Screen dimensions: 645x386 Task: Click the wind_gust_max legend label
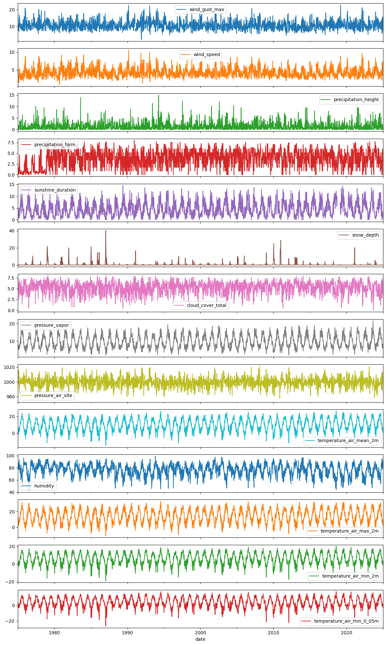pos(206,9)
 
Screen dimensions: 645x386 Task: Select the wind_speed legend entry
pos(206,54)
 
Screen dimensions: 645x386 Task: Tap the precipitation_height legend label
pos(356,100)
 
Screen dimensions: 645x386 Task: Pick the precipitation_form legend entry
pos(55,145)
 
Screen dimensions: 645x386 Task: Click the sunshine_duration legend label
pos(55,190)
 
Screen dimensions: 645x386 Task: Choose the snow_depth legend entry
pos(365,235)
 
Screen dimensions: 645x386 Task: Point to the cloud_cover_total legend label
pos(206,305)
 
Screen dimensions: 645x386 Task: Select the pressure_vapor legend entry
pos(51,325)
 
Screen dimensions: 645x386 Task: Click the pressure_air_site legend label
pos(53,395)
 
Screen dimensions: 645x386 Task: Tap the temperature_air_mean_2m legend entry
pos(348,440)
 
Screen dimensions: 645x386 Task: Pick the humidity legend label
pos(44,486)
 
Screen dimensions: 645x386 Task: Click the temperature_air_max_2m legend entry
pos(349,531)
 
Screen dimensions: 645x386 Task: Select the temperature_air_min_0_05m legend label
pos(346,621)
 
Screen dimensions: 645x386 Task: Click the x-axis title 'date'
pos(200,639)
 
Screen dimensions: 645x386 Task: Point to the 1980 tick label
pos(54,633)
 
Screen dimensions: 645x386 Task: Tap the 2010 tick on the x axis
pos(273,633)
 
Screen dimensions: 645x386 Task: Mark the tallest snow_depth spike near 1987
pos(106,231)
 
